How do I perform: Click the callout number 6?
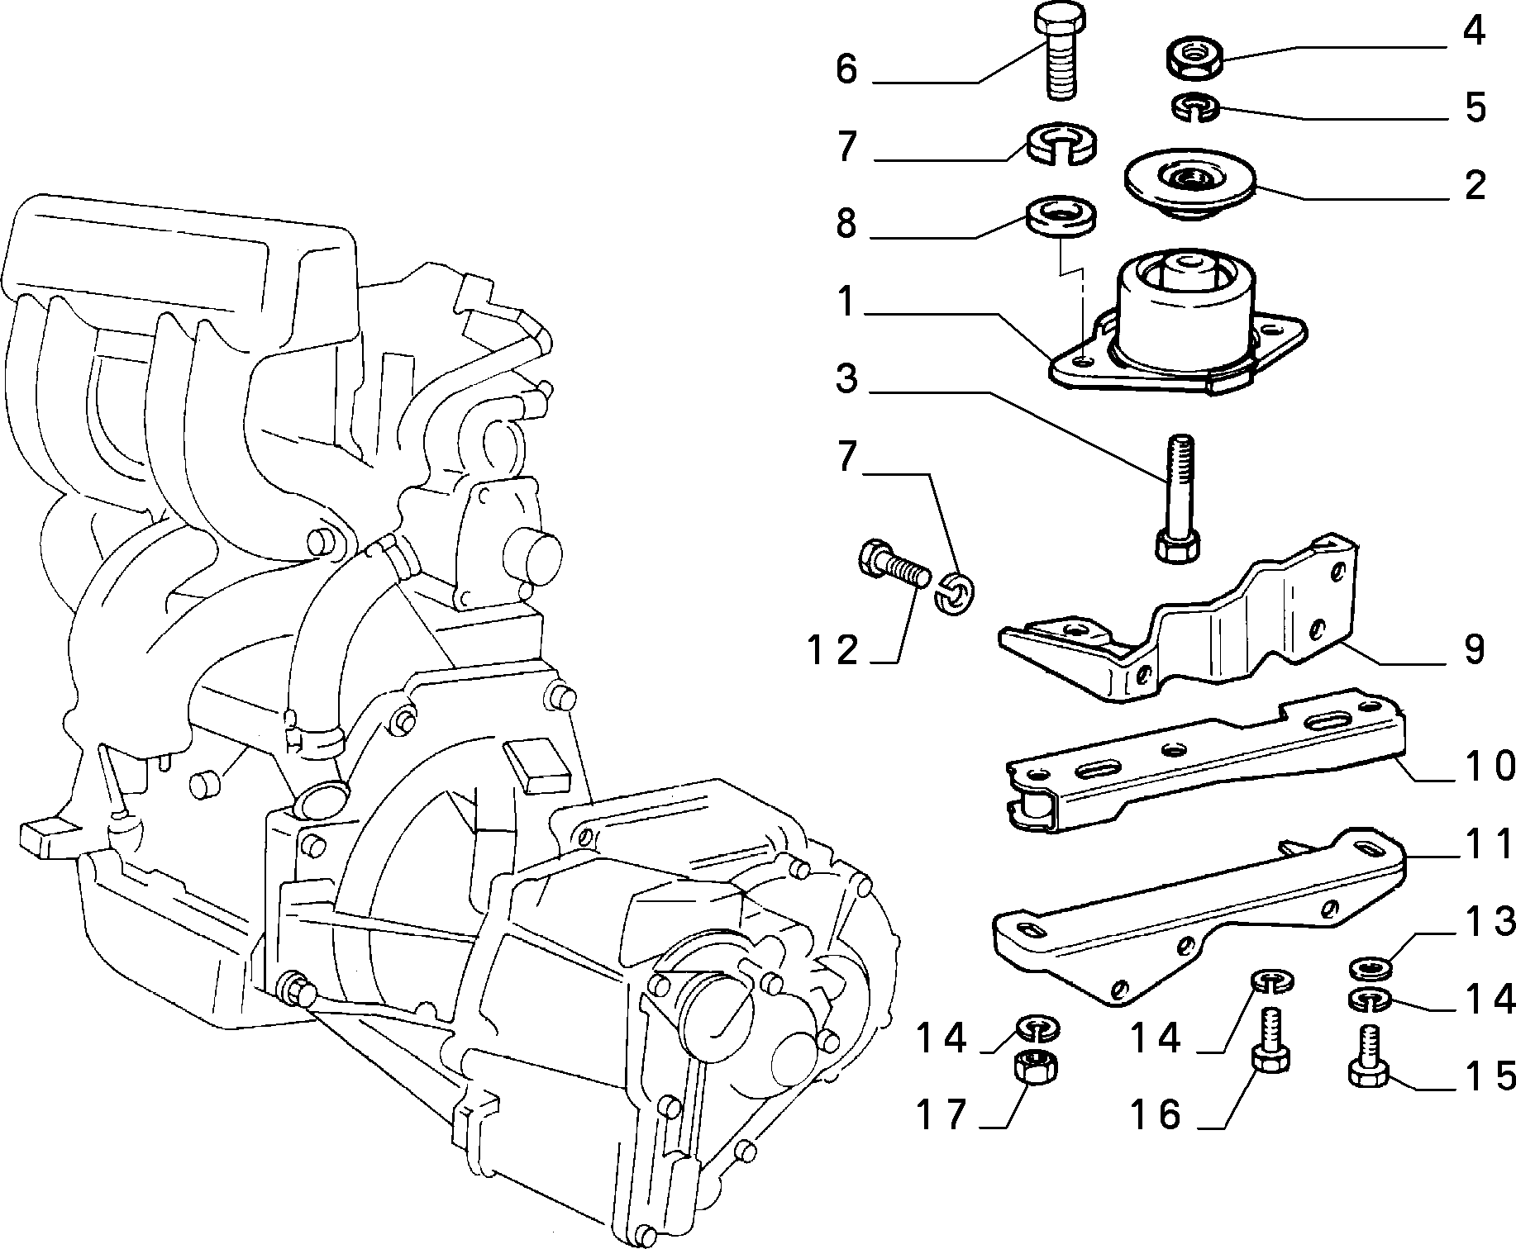846,69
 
